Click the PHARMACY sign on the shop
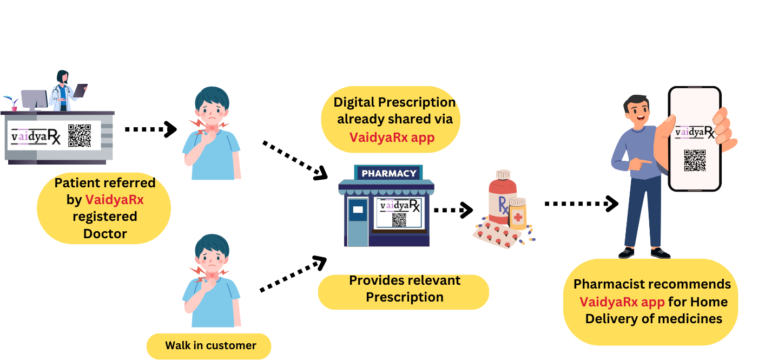coord(388,173)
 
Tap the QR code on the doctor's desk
coord(79,135)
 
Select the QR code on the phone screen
coord(695,161)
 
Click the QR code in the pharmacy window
coord(399,220)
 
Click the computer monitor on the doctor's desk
coord(34,100)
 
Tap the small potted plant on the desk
coord(11,103)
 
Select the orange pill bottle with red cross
coord(518,214)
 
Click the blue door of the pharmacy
coord(358,222)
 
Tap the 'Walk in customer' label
coord(210,345)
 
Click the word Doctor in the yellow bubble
coord(105,234)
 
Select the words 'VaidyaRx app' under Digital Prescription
coord(392,138)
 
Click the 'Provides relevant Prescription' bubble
coord(404,289)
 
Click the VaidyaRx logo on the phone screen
coord(695,132)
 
